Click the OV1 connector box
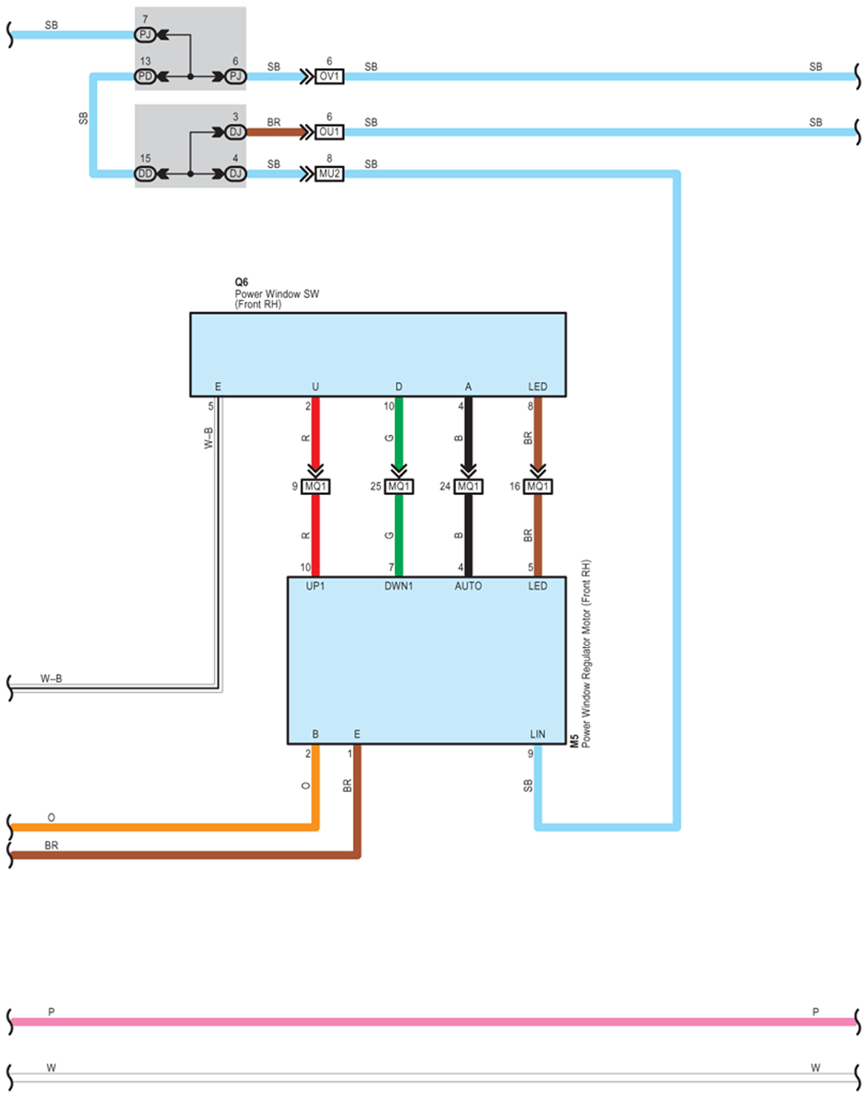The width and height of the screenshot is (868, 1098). [329, 76]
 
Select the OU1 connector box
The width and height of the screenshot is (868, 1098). [329, 132]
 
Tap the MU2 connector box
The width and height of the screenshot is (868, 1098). [329, 174]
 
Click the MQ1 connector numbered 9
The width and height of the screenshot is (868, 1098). [316, 486]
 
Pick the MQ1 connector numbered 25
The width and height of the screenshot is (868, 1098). [399, 486]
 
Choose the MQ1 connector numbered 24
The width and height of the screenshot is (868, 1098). [468, 486]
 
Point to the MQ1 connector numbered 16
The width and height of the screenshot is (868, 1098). [537, 486]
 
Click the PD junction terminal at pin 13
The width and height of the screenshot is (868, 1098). [145, 76]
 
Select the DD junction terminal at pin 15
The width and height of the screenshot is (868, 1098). [145, 174]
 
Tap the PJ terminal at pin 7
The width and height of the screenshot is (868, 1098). [145, 34]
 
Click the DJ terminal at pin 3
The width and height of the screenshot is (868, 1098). [235, 132]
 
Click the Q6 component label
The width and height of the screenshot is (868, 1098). [241, 282]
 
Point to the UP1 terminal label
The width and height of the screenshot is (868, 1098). [315, 585]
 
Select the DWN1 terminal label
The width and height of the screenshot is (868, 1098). [399, 585]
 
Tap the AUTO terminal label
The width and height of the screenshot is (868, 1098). [468, 585]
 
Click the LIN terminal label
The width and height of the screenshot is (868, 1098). [537, 734]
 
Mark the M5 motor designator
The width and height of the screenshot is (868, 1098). [574, 741]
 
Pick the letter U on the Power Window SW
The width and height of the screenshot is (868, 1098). [315, 387]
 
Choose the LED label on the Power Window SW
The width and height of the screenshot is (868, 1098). [537, 387]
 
